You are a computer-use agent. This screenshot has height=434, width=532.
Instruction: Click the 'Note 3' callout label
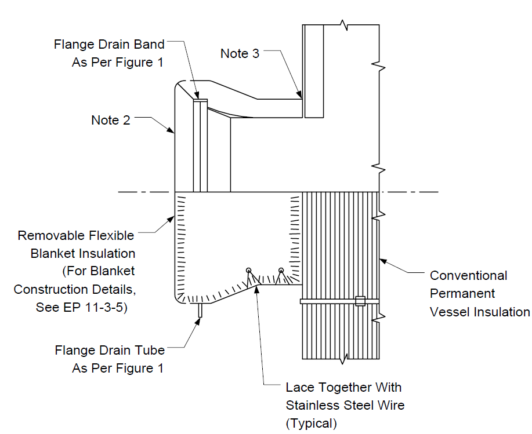pos(240,53)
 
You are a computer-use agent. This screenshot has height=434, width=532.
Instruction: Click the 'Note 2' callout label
pos(111,121)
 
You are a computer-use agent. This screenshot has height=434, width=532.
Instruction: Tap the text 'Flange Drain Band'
pos(109,45)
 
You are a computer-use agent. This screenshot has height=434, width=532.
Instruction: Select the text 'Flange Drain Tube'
pos(110,351)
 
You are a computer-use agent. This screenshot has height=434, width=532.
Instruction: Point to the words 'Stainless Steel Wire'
pos(345,405)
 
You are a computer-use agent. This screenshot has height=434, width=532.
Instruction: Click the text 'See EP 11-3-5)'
pos(81,307)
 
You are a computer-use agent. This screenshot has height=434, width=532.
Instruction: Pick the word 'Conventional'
pos(469,275)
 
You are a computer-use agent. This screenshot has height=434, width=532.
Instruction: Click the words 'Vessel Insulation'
pos(480,312)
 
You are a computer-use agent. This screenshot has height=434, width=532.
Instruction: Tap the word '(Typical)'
pos(312,424)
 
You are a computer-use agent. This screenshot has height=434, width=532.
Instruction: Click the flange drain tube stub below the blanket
pos(200,311)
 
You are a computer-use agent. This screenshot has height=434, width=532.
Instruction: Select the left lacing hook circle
pos(249,271)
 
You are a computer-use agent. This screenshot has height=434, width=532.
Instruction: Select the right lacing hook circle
pos(281,271)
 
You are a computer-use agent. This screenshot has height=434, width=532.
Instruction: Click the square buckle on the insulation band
pos(360,301)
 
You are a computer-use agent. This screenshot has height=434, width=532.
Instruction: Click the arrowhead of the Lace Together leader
pos(257,290)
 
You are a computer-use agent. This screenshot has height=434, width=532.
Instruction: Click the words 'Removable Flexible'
pos(75,235)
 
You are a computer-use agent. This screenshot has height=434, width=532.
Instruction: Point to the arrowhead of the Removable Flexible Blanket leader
pos(171,220)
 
